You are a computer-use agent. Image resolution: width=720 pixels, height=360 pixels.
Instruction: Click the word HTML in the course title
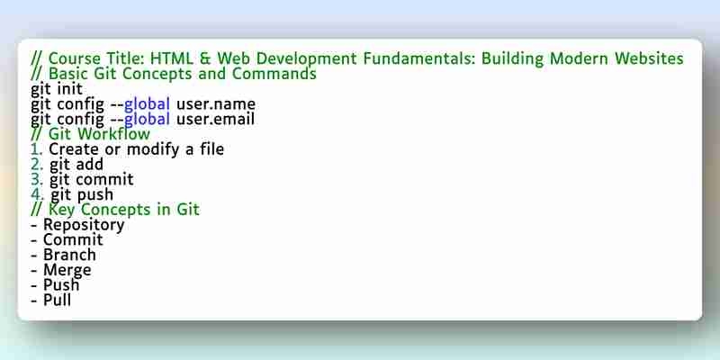[x=176, y=58]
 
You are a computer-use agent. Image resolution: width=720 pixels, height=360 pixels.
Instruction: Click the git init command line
[x=57, y=88]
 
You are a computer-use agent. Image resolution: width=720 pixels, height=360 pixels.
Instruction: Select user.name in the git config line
[x=216, y=104]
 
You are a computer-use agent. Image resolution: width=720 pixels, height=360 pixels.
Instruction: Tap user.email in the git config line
[x=215, y=120]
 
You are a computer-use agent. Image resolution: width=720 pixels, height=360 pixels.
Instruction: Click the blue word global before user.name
[x=147, y=104]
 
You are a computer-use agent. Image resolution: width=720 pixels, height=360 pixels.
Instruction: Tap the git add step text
[x=76, y=165]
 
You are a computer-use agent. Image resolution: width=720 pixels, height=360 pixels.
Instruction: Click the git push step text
[x=82, y=194]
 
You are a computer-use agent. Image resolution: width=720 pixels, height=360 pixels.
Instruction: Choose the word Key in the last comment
[x=62, y=210]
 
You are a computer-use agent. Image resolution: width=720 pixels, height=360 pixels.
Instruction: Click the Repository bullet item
[x=84, y=225]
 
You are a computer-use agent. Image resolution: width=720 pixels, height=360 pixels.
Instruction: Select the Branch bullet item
[x=69, y=255]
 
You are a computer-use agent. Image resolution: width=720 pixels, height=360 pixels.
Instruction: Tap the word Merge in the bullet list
[x=67, y=270]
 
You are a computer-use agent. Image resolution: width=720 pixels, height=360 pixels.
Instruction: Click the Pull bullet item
[x=57, y=300]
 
